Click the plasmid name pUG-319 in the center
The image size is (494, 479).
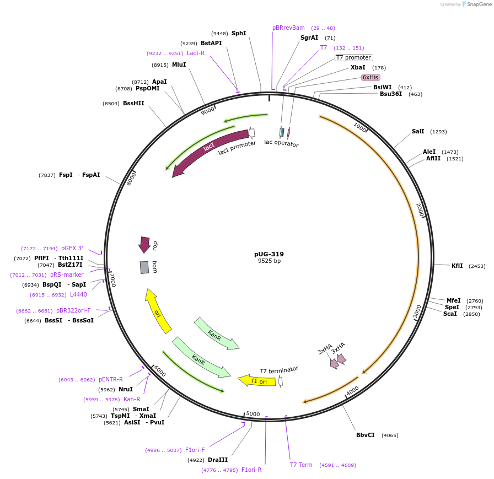[269, 254]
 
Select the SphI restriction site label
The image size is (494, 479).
[239, 34]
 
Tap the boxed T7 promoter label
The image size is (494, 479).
[353, 58]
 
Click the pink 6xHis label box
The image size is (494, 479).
[370, 77]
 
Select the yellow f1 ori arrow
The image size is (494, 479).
[257, 380]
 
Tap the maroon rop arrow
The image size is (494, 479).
[144, 244]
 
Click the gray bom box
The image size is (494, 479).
[144, 267]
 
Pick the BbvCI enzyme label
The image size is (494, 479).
[366, 435]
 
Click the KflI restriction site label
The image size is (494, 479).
[457, 266]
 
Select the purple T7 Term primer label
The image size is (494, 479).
[301, 465]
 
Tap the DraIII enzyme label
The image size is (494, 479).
[218, 460]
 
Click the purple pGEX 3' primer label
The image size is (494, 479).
[72, 249]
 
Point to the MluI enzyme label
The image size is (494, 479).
[179, 64]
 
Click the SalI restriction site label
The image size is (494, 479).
[418, 131]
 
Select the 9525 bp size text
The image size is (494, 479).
[269, 261]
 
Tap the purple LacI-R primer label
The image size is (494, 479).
[196, 53]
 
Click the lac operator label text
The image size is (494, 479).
[281, 143]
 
